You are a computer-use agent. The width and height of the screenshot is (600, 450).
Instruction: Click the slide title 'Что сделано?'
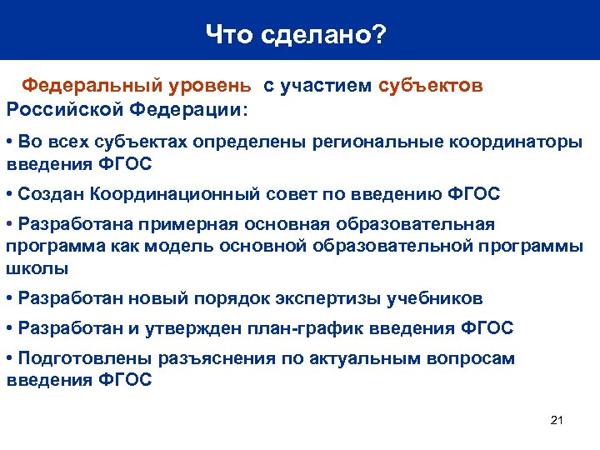coord(296,34)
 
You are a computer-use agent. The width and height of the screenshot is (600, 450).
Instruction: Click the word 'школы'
coord(37,269)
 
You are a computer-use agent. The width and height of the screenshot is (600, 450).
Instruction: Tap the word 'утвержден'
coord(192,328)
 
